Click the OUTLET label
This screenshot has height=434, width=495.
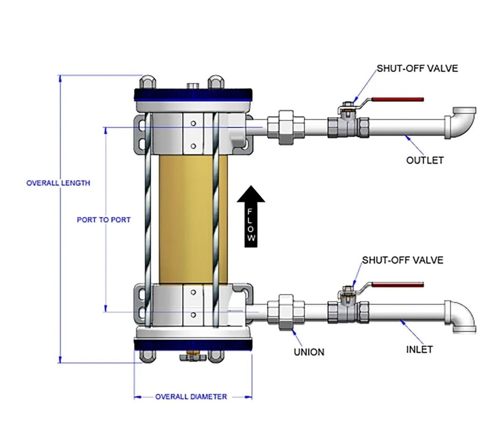tap(425, 160)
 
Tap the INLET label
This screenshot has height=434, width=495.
tap(419, 349)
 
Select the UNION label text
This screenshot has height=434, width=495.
tap(309, 352)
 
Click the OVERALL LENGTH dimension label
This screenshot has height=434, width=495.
tap(58, 183)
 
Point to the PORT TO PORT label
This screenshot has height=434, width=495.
tap(104, 220)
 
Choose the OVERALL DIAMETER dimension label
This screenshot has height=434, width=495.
tap(191, 397)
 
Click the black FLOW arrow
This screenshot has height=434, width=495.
tap(251, 215)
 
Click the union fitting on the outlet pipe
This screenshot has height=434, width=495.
tap(286, 127)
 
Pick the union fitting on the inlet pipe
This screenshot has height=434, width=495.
tap(286, 312)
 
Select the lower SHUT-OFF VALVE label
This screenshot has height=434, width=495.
tap(403, 260)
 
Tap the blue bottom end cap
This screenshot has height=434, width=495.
tap(193, 345)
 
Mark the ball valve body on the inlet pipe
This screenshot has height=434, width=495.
tap(348, 309)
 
